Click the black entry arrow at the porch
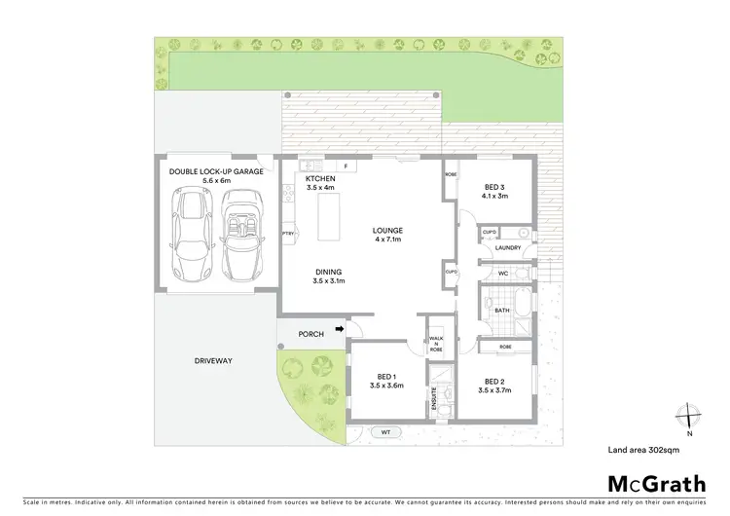[x=339, y=330]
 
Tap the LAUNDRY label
[x=508, y=247]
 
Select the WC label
[x=503, y=274]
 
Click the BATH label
[x=502, y=311]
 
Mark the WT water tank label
[x=385, y=432]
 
